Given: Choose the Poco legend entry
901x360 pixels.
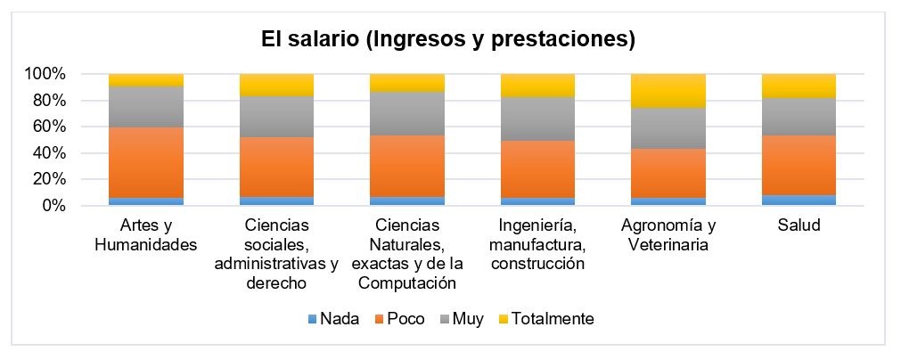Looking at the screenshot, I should [x=397, y=319].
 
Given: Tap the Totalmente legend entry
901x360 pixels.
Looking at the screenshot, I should [x=545, y=319].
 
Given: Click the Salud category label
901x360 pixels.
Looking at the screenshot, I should [x=799, y=226].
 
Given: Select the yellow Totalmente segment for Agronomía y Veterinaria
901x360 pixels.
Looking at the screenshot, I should [x=668, y=91].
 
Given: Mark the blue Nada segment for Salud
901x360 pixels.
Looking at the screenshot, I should [x=799, y=200].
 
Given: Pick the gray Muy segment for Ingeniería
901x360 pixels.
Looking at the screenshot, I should [x=537, y=119].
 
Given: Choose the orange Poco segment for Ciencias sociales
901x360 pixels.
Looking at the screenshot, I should [x=276, y=167].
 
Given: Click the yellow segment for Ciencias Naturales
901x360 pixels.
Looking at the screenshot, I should [x=407, y=83].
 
